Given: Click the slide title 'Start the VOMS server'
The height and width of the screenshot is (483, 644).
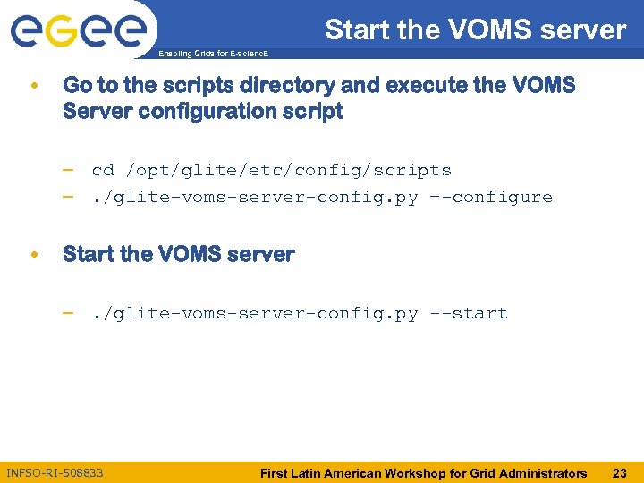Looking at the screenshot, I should point(475,30).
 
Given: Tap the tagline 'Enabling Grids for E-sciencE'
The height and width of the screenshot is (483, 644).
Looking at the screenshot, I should point(212,55).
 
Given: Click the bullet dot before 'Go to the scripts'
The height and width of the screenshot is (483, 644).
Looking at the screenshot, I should point(33,87).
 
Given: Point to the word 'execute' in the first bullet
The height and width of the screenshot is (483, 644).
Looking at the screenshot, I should point(417,86).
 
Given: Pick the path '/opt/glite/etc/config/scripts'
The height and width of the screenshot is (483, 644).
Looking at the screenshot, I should point(288,170).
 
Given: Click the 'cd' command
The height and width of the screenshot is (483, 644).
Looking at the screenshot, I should point(103,170).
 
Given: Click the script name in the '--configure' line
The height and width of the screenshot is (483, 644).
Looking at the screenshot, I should point(255,197).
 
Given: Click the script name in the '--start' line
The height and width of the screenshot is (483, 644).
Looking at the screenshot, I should point(255,313).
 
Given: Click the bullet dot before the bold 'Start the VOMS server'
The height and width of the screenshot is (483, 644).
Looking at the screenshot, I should point(33,255).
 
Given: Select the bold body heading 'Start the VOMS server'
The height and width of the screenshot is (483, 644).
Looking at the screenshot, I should point(178,254).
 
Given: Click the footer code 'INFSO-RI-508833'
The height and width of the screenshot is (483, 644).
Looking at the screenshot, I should point(55,472).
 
